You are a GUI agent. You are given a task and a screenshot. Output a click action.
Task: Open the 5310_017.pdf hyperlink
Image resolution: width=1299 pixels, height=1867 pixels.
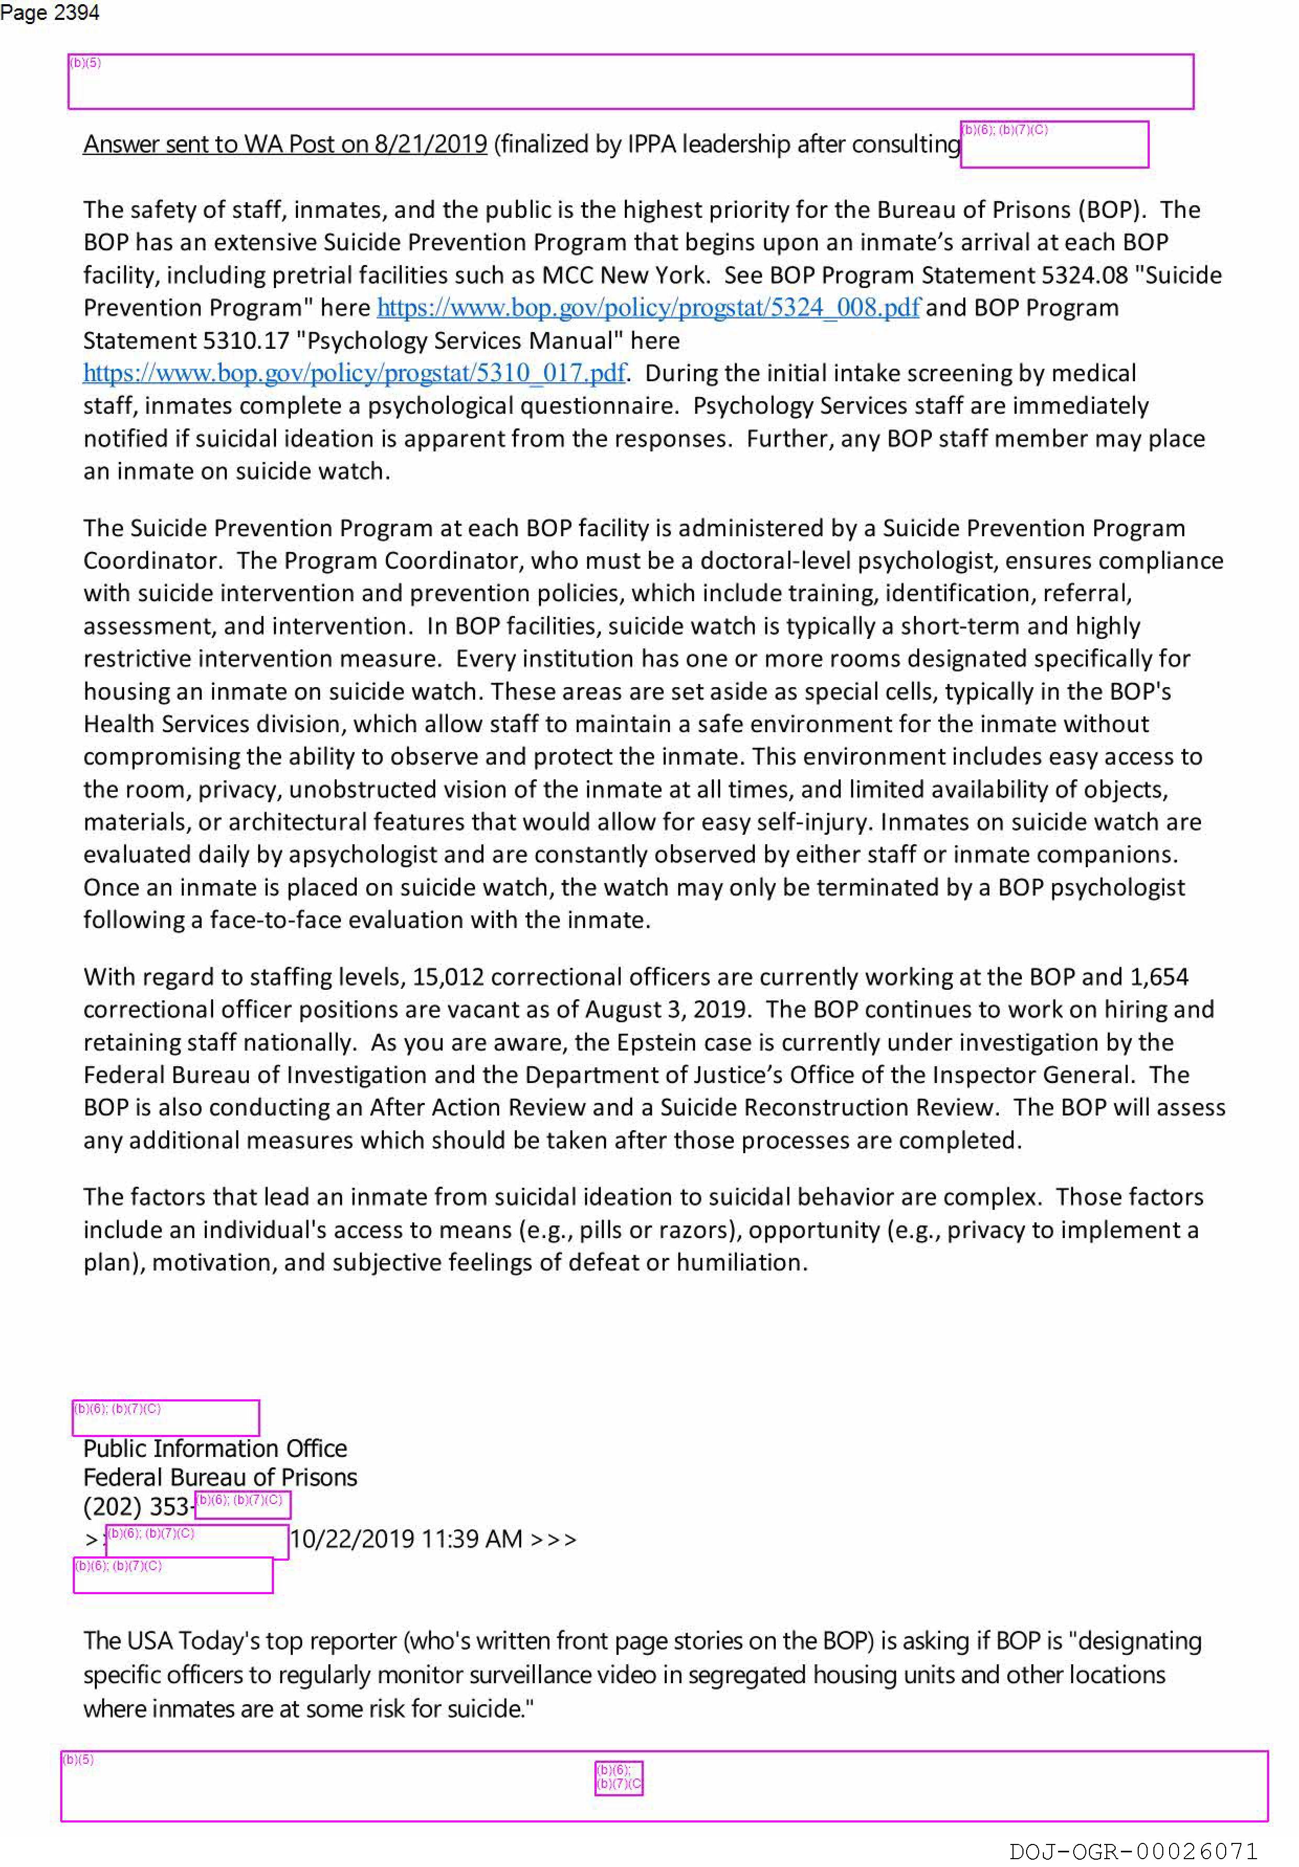(354, 373)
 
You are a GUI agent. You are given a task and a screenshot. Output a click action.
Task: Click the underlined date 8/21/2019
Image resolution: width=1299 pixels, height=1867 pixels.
(430, 144)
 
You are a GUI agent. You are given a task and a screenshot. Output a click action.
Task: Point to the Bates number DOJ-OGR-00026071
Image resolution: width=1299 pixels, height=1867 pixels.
(1132, 1851)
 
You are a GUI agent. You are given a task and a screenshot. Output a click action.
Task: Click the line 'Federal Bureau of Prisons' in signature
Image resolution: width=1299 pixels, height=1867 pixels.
(219, 1477)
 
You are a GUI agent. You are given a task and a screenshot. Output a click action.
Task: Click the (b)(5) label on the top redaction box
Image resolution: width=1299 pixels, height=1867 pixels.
(85, 63)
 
